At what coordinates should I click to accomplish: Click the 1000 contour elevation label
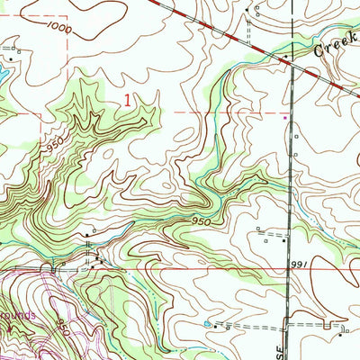tap(60, 29)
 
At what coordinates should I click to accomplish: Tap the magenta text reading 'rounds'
tap(18, 317)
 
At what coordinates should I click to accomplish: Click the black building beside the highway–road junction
tap(286, 57)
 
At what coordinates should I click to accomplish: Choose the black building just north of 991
tap(284, 240)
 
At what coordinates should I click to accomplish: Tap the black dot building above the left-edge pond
tap(15, 41)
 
